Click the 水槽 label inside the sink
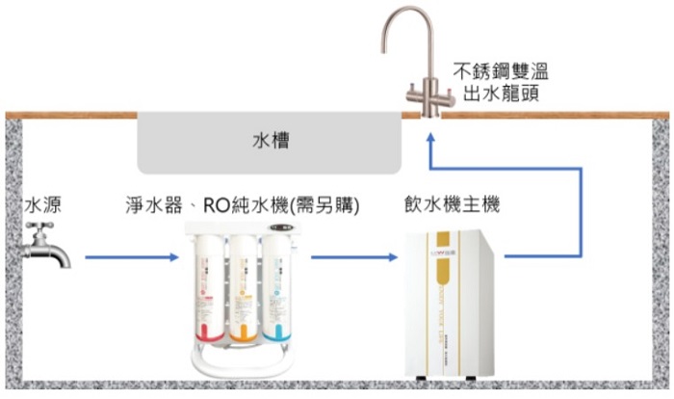tap(271, 142)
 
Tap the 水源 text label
tap(43, 205)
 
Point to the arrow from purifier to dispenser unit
tap(353, 257)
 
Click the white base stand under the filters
tap(241, 367)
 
